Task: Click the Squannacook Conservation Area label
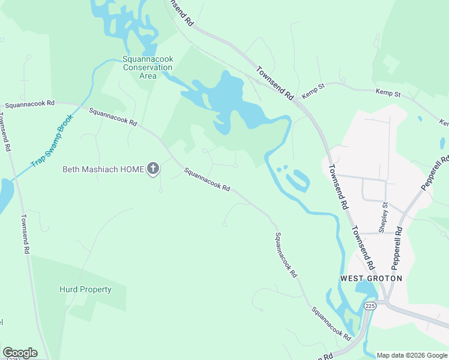[147, 67]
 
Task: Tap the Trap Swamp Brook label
[52, 137]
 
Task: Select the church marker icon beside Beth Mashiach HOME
[153, 169]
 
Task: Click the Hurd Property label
[85, 289]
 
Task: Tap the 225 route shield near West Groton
[370, 306]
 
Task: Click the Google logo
[20, 353]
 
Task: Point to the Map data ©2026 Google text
[412, 355]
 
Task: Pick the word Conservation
[147, 67]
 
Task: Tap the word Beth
[71, 169]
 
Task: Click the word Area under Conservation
[147, 76]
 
